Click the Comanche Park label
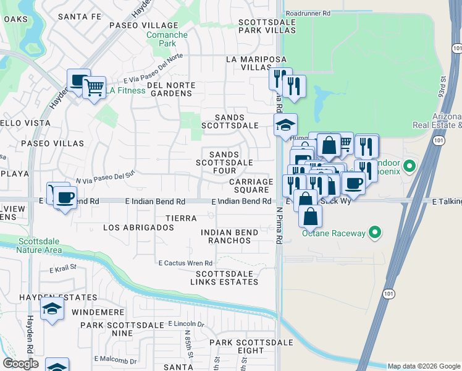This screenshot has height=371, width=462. pos(167,40)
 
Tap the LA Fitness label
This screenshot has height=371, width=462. pos(124,91)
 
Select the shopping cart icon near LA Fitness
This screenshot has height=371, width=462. pos(94,88)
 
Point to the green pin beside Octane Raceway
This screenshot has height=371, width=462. pos(374,232)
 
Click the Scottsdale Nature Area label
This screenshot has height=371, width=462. pos(40,245)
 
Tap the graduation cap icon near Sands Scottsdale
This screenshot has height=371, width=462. pos(286,126)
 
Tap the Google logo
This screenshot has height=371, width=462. pos(20,364)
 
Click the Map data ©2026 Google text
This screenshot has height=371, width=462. pos(424,366)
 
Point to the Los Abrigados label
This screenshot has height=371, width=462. pos(138,228)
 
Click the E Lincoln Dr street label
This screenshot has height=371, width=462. pos(186,324)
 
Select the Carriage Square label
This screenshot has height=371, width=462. pos(251,186)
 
